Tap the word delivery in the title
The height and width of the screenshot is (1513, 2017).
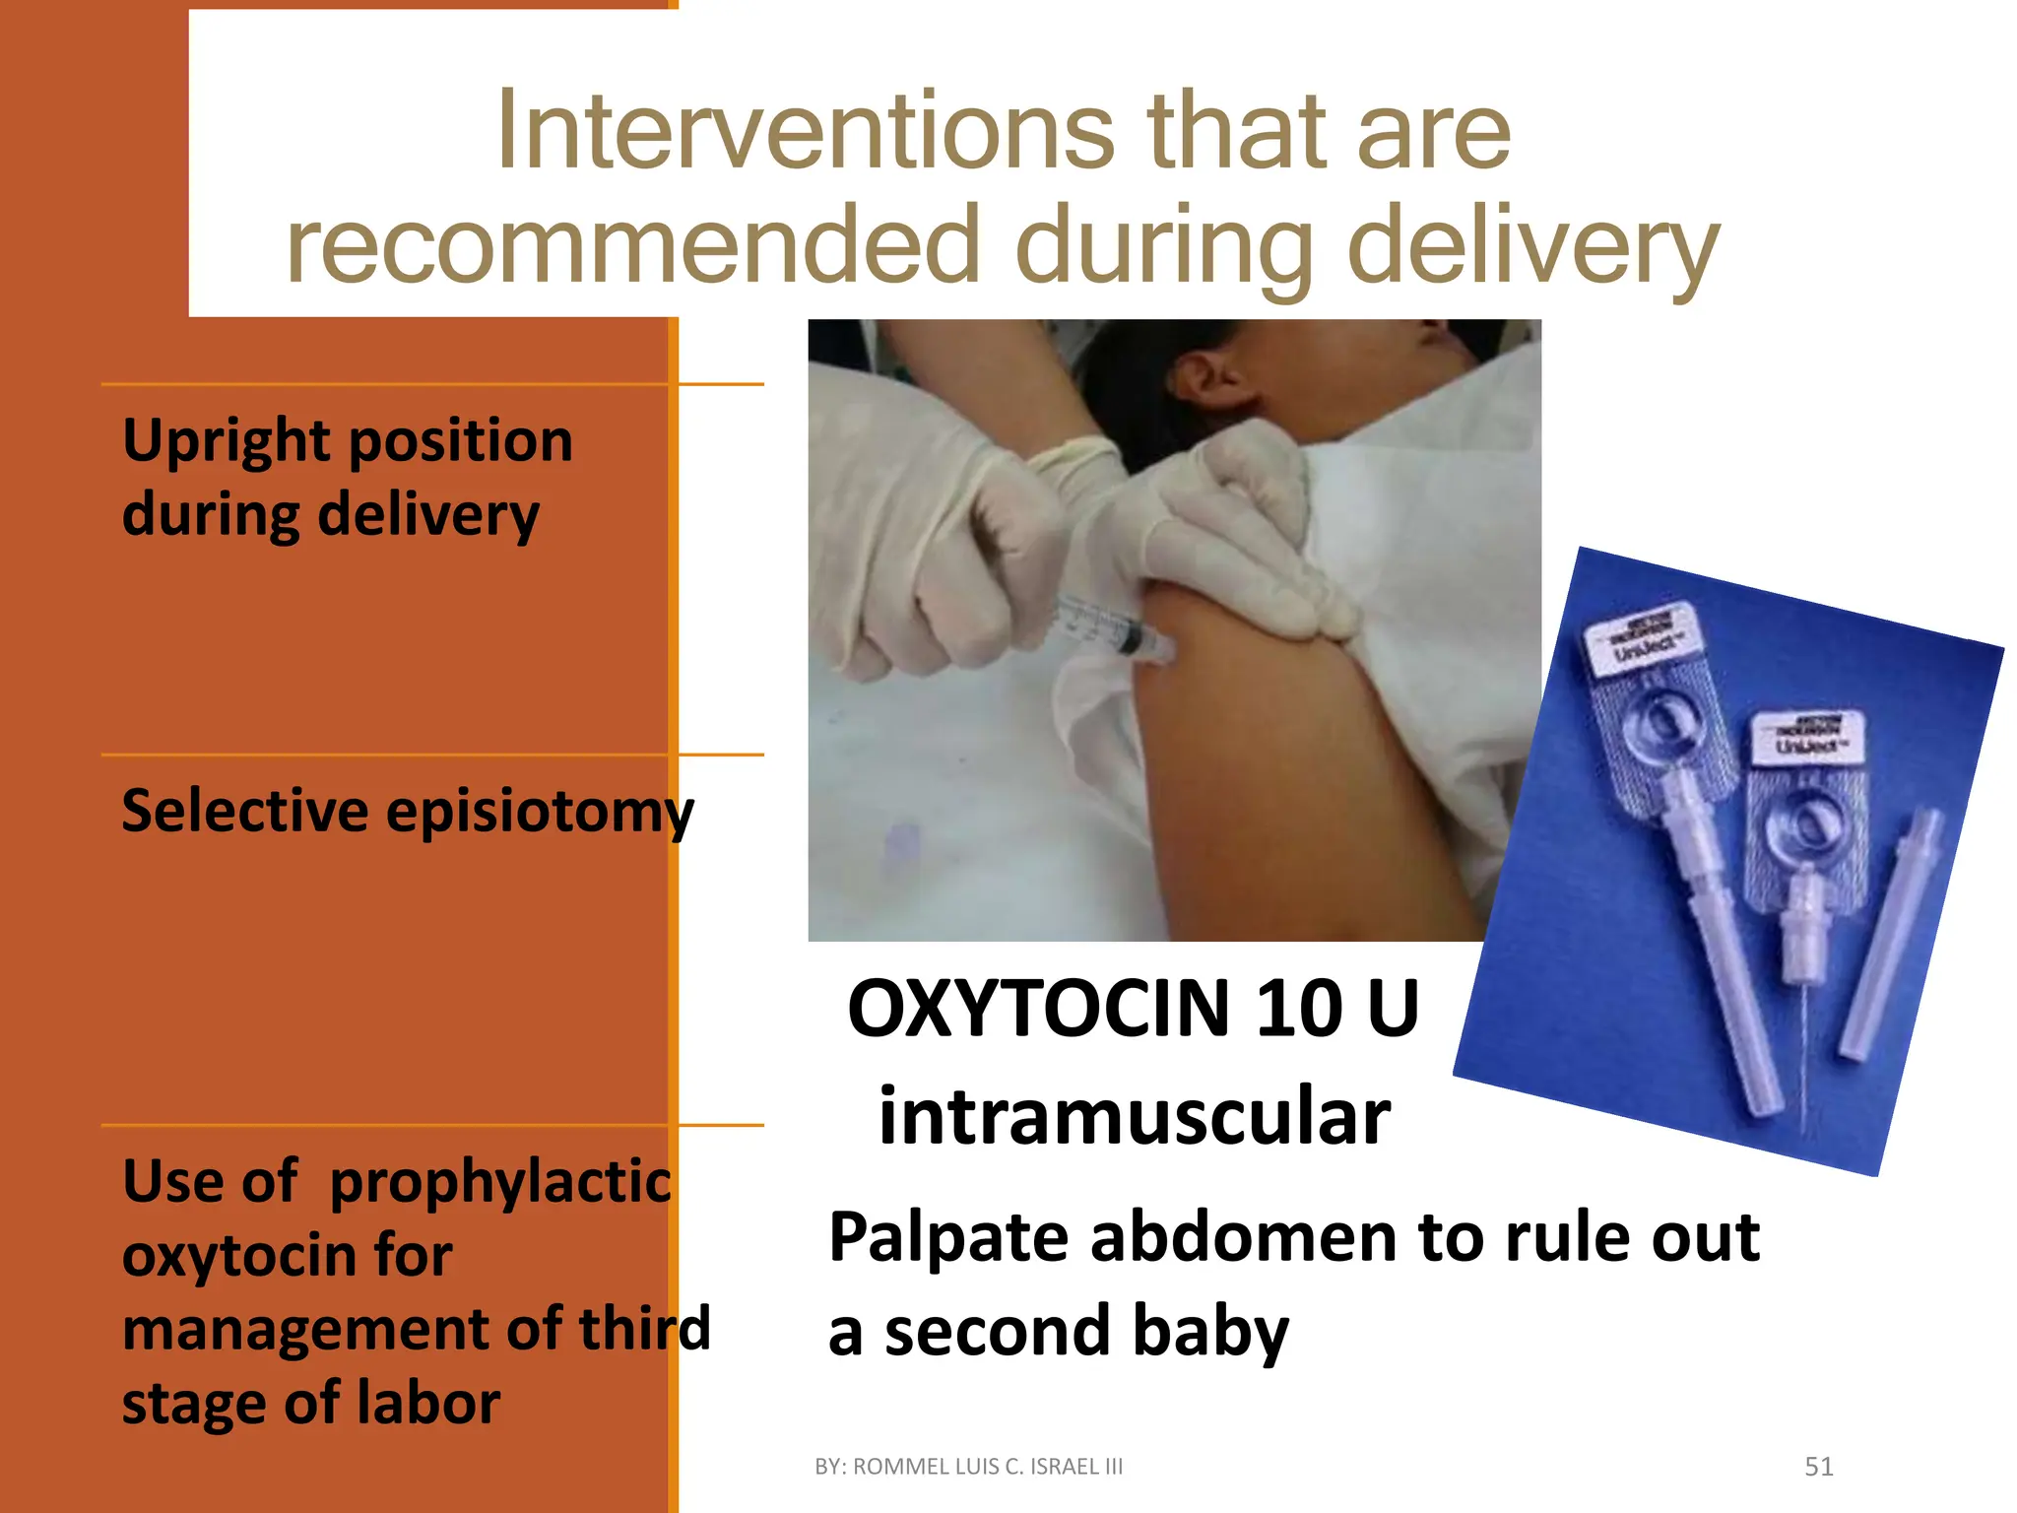tap(1532, 246)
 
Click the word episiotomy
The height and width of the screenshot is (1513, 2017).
tap(540, 813)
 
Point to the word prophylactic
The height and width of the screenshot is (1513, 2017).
tap(499, 1182)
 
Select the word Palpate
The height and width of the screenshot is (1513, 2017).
tap(947, 1237)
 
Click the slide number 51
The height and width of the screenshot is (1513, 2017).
tap(1818, 1467)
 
